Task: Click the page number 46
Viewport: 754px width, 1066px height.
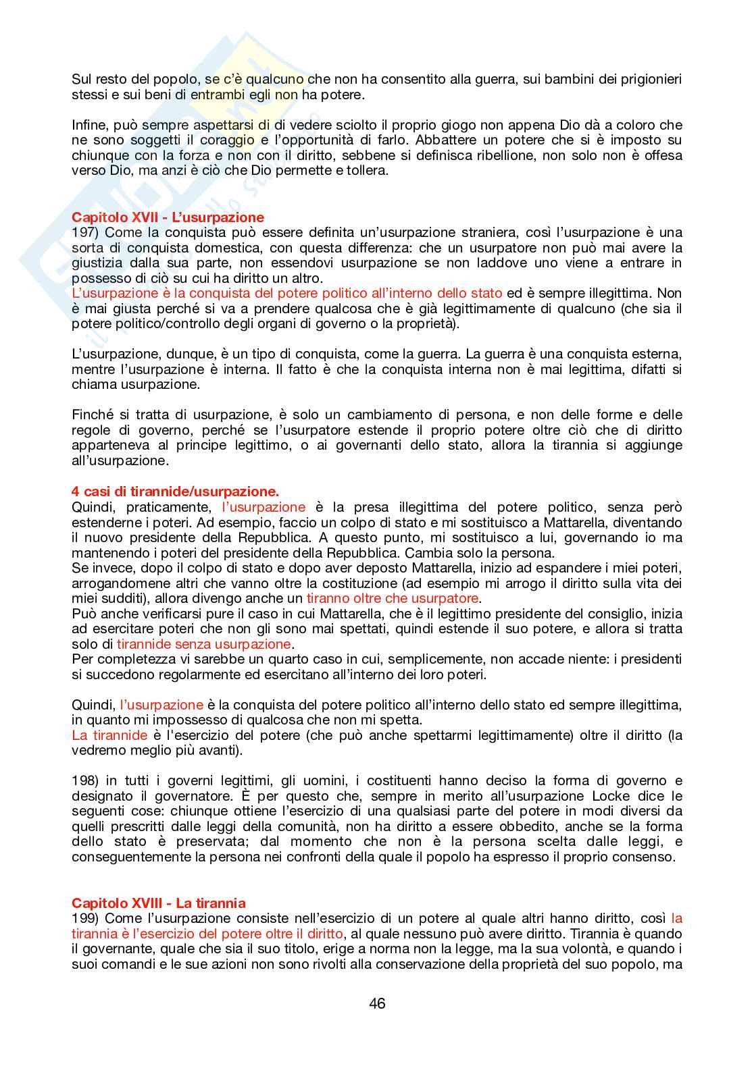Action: (x=377, y=1004)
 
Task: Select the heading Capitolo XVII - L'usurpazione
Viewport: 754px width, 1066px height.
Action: (x=168, y=217)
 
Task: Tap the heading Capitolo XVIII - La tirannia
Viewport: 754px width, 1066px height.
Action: (x=159, y=903)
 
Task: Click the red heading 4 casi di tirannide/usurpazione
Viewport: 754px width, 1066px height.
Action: (x=175, y=492)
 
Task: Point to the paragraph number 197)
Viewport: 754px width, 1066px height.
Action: (x=84, y=233)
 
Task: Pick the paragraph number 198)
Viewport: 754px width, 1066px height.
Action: (x=84, y=780)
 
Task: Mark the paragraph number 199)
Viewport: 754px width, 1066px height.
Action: (x=84, y=918)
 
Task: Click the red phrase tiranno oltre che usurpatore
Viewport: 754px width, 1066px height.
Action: (x=393, y=598)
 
